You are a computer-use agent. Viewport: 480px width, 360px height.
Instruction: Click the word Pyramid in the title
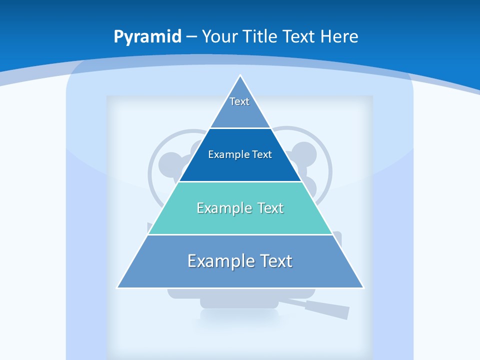(x=147, y=36)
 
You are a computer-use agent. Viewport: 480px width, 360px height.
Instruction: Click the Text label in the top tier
(x=239, y=102)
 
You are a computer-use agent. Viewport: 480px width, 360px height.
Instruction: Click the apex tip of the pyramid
(x=240, y=76)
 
